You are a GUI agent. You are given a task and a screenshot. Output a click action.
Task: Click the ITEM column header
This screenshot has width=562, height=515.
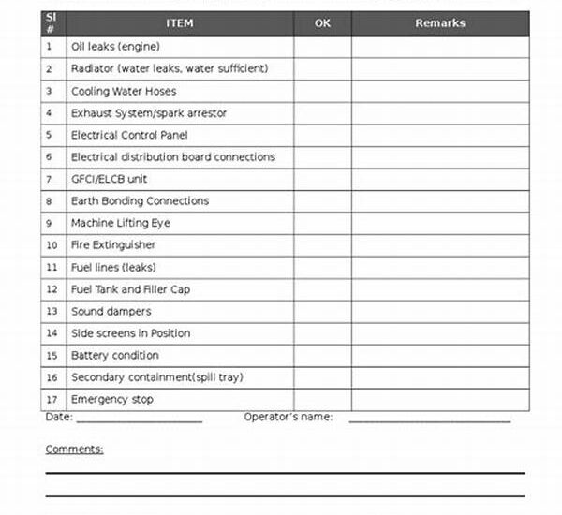(x=179, y=23)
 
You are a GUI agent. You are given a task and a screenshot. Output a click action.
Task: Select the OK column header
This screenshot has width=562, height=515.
(x=322, y=23)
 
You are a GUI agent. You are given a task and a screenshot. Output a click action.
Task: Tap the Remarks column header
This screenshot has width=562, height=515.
(x=439, y=23)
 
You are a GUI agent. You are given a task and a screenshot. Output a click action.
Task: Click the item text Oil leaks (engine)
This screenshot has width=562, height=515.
(x=115, y=47)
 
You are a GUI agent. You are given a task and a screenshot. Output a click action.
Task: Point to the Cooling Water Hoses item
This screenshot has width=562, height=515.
(x=123, y=91)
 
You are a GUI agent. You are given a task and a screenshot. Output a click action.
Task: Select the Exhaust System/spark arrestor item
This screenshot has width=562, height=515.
(x=148, y=113)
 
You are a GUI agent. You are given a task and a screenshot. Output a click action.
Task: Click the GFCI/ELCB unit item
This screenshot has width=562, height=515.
(x=109, y=179)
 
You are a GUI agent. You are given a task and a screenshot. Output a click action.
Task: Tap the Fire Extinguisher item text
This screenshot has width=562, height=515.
(x=113, y=245)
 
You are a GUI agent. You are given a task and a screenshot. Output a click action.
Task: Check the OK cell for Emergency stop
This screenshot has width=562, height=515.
(x=322, y=400)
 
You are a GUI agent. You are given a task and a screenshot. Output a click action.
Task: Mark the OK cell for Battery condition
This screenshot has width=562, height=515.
(x=322, y=356)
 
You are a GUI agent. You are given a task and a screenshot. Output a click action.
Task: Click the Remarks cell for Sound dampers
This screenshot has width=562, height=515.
(x=439, y=312)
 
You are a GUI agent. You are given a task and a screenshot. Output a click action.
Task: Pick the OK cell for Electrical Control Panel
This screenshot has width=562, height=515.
(x=322, y=135)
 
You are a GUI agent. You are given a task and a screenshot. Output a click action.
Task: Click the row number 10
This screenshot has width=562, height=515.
(x=52, y=245)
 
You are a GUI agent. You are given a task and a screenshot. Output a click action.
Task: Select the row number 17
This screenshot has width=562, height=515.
(x=52, y=400)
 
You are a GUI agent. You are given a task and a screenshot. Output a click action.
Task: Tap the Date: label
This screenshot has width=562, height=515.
(x=58, y=417)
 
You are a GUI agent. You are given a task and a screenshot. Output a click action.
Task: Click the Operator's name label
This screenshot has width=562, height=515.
(x=288, y=417)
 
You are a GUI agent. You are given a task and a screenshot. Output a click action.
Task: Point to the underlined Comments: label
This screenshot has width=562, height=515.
(x=74, y=449)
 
